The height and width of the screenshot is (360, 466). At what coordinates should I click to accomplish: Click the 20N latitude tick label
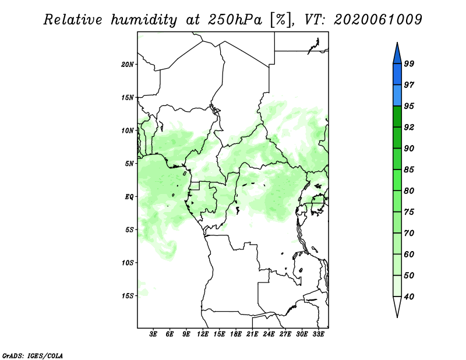[x=128, y=65]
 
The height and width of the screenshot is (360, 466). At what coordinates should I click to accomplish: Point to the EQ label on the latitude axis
[x=129, y=197]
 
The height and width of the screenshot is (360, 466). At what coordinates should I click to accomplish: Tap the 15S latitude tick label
[x=128, y=296]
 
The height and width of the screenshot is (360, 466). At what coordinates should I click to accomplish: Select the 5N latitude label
[x=129, y=164]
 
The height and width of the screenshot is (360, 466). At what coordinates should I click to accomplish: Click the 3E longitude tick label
[x=153, y=334]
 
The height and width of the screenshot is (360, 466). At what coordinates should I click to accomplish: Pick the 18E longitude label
[x=236, y=334]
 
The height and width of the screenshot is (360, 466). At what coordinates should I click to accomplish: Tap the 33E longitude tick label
[x=318, y=334]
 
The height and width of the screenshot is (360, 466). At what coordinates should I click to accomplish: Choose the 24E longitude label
[x=269, y=334]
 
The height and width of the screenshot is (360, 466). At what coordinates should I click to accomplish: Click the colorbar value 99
[x=409, y=63]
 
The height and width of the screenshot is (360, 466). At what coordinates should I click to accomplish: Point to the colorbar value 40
[x=409, y=297]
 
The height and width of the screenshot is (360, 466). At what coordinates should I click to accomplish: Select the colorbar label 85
[x=409, y=170]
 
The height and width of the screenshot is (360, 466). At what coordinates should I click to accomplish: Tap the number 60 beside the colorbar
[x=409, y=255]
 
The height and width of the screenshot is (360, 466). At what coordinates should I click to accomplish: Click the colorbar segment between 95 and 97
[x=397, y=96]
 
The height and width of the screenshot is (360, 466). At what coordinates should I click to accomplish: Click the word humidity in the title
[x=144, y=20]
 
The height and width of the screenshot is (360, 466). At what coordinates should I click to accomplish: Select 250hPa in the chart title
[x=235, y=20]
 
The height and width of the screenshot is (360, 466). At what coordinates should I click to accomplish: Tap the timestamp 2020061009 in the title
[x=378, y=20]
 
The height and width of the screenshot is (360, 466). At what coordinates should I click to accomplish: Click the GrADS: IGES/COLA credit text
[x=33, y=356]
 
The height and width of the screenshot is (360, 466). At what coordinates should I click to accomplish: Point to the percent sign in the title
[x=281, y=20]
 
